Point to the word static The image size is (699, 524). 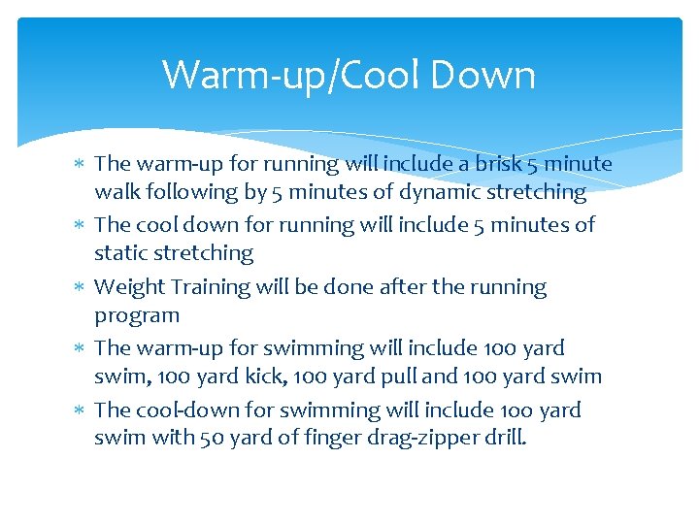pyautogui.click(x=119, y=253)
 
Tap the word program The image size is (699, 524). pyautogui.click(x=137, y=315)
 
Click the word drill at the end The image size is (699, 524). pyautogui.click(x=506, y=438)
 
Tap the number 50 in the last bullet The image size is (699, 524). pyautogui.click(x=211, y=438)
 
